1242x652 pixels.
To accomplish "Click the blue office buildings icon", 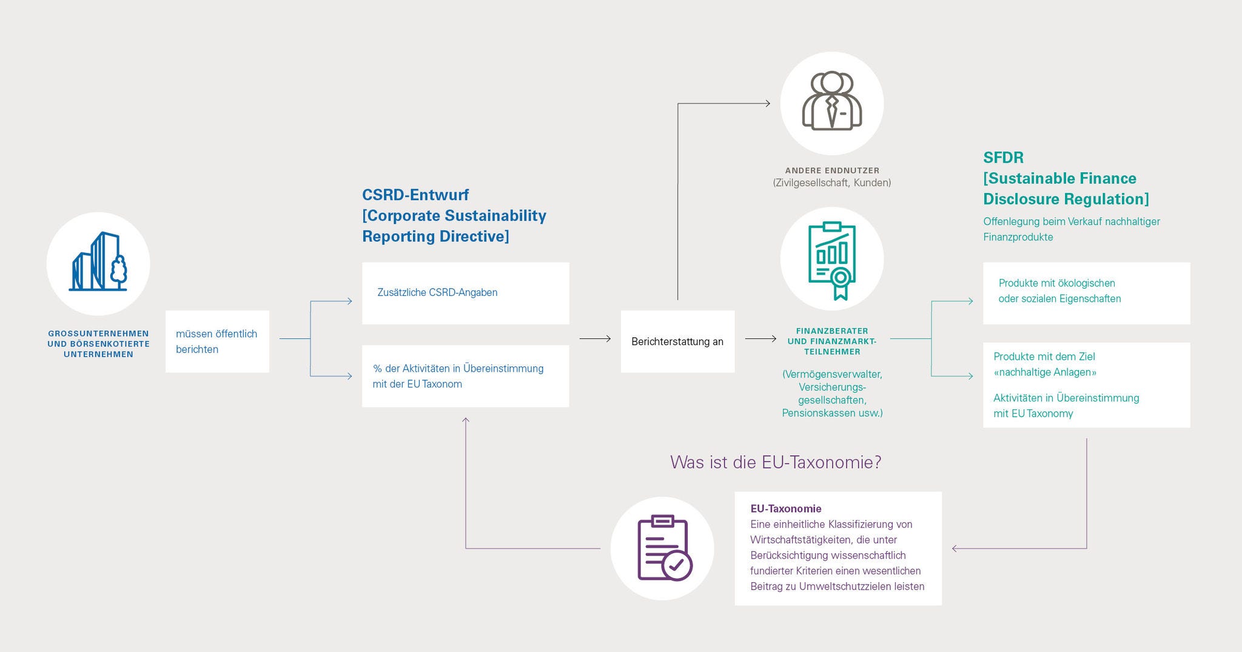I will point(97,263).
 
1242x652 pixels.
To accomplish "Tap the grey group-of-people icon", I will point(831,101).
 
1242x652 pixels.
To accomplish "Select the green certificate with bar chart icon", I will point(831,260).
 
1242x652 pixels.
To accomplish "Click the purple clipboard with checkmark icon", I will point(662,548).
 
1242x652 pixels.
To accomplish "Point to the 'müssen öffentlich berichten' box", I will point(217,341).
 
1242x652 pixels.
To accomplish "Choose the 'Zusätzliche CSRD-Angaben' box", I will point(465,293).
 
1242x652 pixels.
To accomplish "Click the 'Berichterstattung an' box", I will point(677,341).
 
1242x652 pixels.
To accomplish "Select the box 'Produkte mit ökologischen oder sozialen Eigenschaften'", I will point(1086,293).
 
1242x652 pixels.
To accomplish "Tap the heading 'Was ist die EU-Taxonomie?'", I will point(776,462).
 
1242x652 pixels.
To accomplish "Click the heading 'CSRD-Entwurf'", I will point(415,195).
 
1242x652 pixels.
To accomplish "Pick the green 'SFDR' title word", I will point(1003,158).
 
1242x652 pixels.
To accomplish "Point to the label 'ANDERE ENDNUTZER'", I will point(832,170).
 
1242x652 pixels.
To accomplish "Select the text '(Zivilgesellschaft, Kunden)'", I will point(832,183).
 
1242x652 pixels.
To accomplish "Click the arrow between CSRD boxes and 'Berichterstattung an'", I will point(595,338).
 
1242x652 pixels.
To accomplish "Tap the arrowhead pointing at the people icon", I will point(767,104).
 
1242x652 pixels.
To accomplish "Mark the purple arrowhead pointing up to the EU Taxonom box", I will point(466,420).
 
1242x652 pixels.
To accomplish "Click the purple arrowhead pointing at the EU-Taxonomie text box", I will point(955,548).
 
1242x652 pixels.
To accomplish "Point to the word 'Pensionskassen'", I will point(814,413).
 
